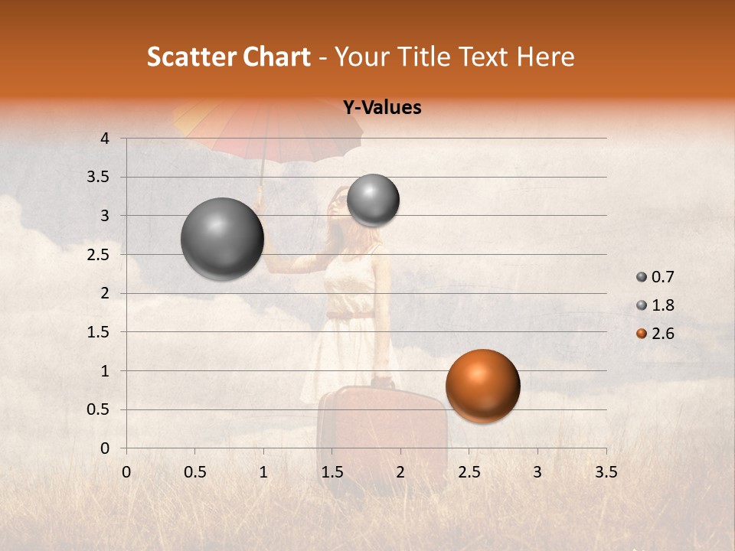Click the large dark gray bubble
click(222, 239)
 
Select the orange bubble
click(482, 386)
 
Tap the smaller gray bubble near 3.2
click(373, 201)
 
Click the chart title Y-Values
click(381, 108)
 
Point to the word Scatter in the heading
click(190, 57)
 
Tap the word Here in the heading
click(545, 57)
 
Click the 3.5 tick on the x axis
click(606, 472)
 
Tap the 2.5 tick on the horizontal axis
click(469, 472)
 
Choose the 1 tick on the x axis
click(263, 472)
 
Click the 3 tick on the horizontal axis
click(537, 472)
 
